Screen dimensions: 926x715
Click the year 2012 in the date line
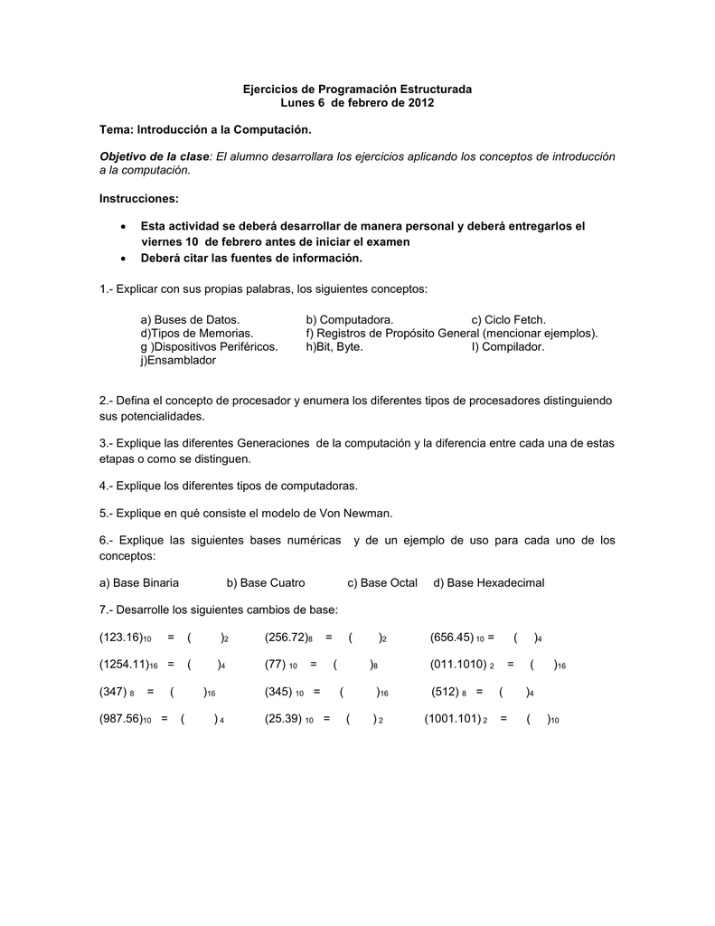point(419,104)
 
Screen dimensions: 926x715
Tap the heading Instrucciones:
point(139,198)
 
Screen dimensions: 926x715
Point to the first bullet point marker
point(123,226)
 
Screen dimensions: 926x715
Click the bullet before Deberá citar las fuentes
point(123,259)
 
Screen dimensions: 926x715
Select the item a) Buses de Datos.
point(190,320)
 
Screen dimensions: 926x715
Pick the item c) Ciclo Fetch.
point(508,320)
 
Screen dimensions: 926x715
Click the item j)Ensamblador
point(178,360)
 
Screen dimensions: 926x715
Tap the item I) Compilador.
point(507,346)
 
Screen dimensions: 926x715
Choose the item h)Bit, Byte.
point(334,346)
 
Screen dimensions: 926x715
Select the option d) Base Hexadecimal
point(489,582)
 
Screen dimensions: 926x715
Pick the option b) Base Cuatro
point(266,582)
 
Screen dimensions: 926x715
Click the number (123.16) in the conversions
point(122,638)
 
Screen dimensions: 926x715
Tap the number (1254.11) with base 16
point(125,665)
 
